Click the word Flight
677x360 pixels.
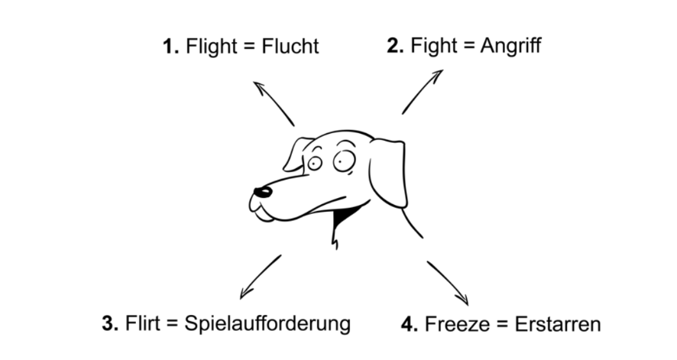point(210,47)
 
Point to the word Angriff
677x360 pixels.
point(511,47)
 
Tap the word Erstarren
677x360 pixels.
point(557,323)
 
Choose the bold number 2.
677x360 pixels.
point(394,46)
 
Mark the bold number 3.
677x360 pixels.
point(109,323)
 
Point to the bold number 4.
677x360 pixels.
point(409,323)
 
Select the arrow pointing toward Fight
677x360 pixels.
point(422,92)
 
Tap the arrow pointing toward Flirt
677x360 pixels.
point(260,277)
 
